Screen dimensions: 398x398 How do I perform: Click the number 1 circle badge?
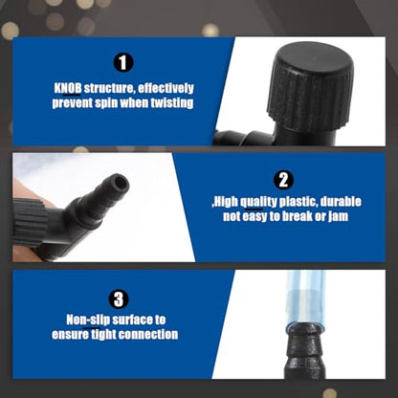coord(123,63)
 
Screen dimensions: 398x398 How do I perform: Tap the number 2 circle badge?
coord(283,180)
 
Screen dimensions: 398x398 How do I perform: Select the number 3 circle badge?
coord(119,299)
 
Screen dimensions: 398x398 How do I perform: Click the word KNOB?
coord(68,88)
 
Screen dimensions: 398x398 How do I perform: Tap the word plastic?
coord(298,202)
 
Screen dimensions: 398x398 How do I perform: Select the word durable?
coord(341,202)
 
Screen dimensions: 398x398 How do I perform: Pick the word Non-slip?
coord(88,320)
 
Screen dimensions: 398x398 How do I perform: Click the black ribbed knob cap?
coord(310,87)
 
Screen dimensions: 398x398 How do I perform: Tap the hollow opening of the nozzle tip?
coord(121,183)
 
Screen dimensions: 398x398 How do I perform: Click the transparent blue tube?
coord(305,299)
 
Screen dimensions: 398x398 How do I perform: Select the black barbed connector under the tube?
coord(305,351)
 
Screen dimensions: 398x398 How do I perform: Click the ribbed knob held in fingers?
coord(31,222)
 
